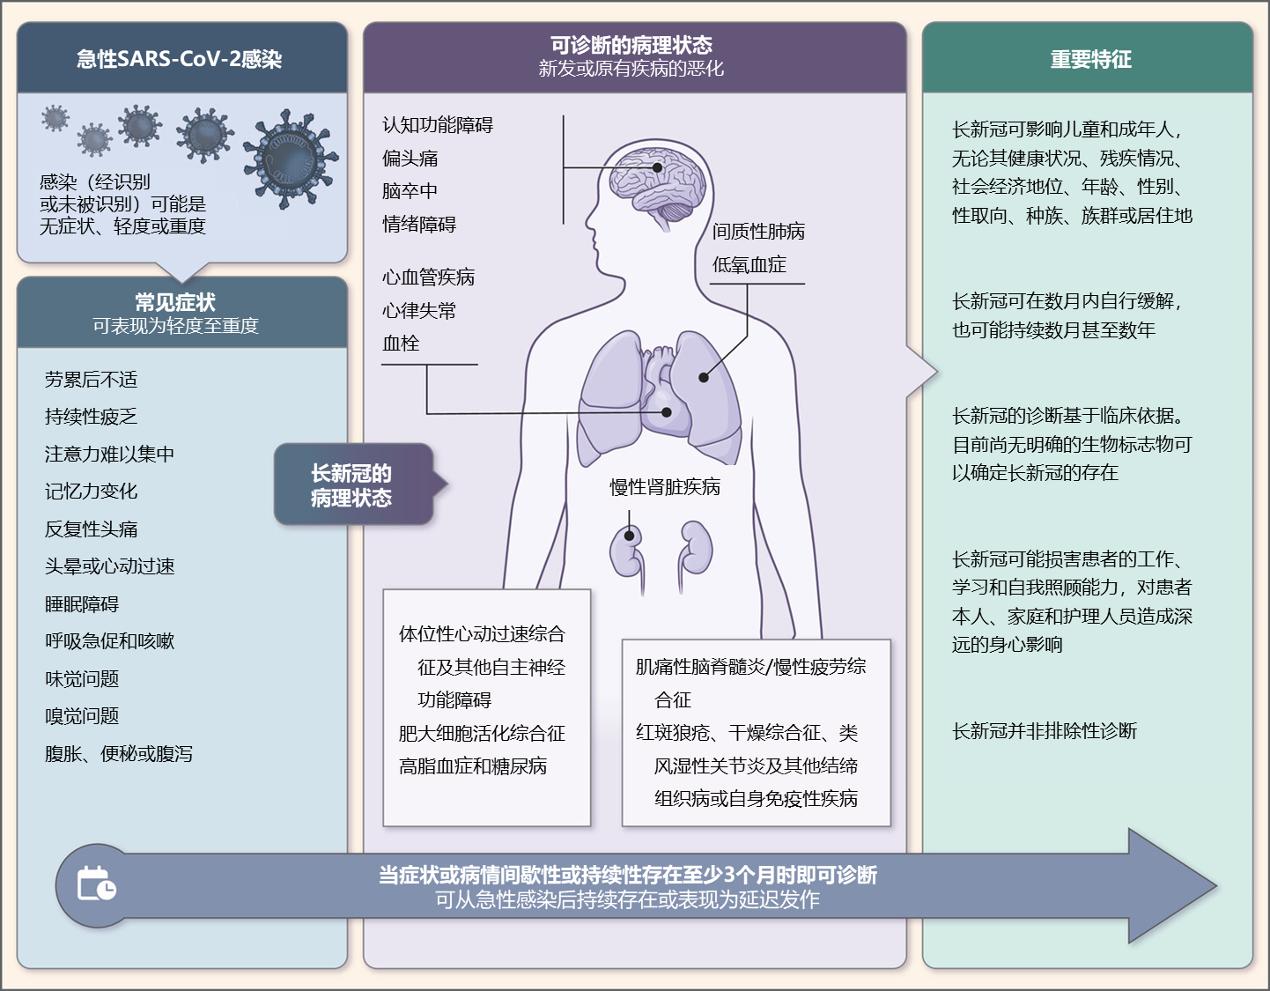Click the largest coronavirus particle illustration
coord(290,159)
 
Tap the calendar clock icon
coord(96,884)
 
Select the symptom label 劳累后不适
coord(91,380)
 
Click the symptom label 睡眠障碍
coord(82,604)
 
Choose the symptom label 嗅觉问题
coord(82,716)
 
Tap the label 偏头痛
coord(410,159)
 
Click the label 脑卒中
coord(410,191)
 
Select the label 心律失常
coord(419,311)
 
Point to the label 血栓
coord(401,344)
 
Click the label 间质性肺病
coord(758,232)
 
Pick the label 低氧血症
coord(749,265)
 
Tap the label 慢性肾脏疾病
coord(665,487)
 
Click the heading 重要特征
coord(1090,60)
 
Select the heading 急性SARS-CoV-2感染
coord(180,60)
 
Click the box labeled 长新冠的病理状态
coord(351,485)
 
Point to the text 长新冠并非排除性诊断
coord(1044,731)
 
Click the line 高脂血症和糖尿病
coord(473,766)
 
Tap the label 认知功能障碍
coord(438,125)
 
